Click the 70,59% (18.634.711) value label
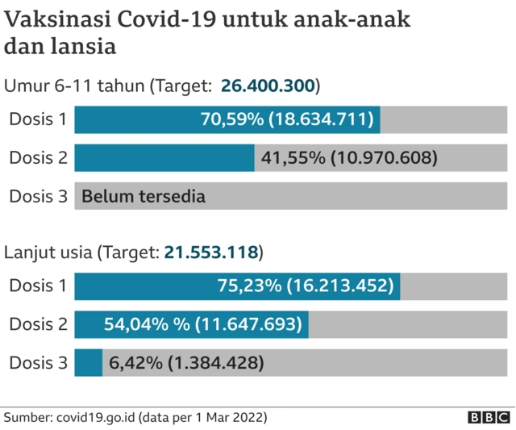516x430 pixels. (287, 120)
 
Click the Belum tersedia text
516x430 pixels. (143, 196)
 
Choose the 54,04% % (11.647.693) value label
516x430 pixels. (203, 324)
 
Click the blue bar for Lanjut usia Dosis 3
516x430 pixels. (88, 363)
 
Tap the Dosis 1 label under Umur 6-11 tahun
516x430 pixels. (38, 120)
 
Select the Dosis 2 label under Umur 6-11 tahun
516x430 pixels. (38, 158)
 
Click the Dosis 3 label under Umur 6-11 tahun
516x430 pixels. (38, 196)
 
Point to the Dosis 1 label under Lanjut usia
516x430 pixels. (38, 286)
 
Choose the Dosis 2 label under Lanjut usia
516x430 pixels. (38, 324)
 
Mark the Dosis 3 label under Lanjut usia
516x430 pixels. (38, 363)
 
